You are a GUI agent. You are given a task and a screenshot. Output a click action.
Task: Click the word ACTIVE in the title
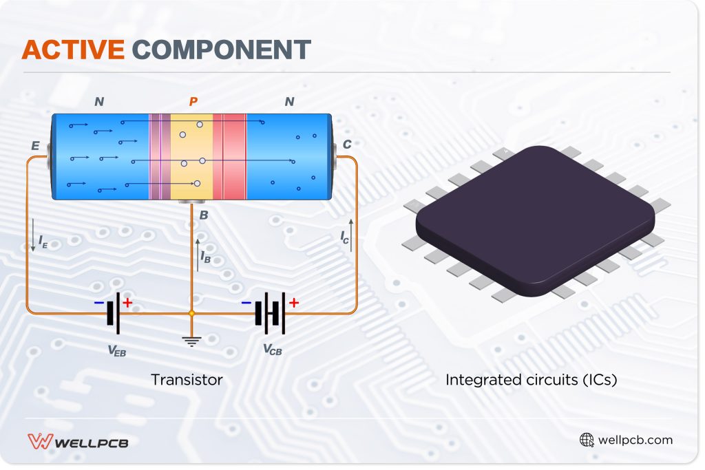tap(73, 50)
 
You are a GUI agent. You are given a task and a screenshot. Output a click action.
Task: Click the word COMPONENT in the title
tap(221, 50)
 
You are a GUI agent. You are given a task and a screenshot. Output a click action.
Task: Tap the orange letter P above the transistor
tap(193, 102)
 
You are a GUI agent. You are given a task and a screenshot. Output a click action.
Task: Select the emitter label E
tap(35, 146)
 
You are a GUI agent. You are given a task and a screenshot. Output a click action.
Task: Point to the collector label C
tap(347, 145)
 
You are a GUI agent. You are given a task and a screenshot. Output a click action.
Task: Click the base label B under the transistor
tap(204, 215)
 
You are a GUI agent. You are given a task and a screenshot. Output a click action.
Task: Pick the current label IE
tap(43, 242)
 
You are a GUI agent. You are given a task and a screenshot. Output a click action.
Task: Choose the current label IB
tap(205, 256)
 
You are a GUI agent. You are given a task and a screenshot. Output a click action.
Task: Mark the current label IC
tap(344, 237)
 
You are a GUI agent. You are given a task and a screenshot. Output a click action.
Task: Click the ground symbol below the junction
tap(192, 339)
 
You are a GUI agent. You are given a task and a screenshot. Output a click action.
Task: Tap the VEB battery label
tap(116, 350)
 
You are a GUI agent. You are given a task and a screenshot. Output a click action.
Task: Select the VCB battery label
tap(272, 349)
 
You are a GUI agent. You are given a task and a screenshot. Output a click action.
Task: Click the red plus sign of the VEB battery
tap(128, 302)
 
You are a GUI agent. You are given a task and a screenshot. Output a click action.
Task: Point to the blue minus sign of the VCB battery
tap(246, 302)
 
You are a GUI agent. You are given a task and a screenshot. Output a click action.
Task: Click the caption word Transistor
tap(187, 380)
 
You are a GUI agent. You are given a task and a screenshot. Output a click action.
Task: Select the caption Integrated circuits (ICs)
tap(531, 380)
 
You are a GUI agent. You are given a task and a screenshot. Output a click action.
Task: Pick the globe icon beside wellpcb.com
tap(587, 440)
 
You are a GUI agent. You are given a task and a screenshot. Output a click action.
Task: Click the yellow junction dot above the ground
tap(192, 314)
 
